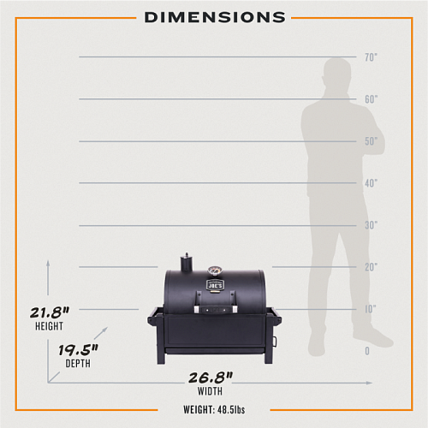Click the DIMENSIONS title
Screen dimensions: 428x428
(x=215, y=17)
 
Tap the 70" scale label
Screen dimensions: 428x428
(x=371, y=57)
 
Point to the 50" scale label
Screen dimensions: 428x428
(x=371, y=141)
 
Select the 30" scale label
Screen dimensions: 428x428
(x=371, y=225)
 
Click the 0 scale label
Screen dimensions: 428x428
(x=367, y=351)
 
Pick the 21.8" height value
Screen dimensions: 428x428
(x=50, y=312)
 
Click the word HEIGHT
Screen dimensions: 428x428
(x=49, y=326)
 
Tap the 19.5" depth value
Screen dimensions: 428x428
(x=78, y=350)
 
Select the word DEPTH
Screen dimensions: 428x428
(x=78, y=364)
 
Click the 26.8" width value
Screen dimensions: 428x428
(x=211, y=377)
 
